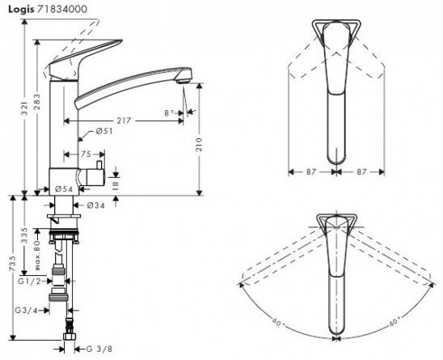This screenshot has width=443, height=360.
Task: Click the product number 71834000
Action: (62, 10)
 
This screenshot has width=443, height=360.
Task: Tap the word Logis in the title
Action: (21, 10)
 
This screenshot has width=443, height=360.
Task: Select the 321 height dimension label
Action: (25, 109)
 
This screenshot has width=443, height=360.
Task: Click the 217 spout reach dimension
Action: (124, 121)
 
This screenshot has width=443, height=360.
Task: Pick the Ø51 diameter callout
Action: (104, 131)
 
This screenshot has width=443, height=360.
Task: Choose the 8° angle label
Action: (170, 113)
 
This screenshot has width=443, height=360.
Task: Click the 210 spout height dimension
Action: (200, 144)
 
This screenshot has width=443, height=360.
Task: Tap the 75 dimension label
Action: (86, 155)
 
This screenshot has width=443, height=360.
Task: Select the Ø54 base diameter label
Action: (64, 189)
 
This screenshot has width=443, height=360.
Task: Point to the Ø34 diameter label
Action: (95, 205)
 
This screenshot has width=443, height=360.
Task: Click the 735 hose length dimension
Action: (13, 265)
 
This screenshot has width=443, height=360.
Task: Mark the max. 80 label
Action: (37, 255)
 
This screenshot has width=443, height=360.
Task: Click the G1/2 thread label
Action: (29, 281)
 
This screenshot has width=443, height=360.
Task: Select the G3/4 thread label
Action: (26, 310)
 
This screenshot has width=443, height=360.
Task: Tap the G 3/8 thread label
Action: (99, 349)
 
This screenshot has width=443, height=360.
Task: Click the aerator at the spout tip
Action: (183, 81)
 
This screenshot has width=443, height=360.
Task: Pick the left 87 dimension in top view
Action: (310, 172)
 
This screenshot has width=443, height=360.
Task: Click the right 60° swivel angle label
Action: (395, 321)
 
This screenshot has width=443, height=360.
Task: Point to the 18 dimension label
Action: (116, 185)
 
